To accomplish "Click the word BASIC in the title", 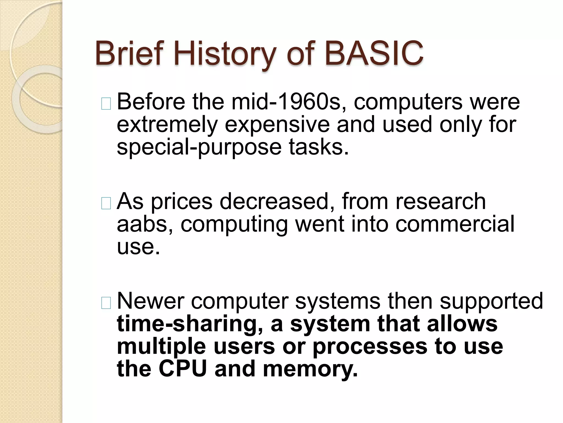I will (x=374, y=53).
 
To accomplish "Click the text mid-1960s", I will (x=288, y=102).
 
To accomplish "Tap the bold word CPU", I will (x=183, y=369).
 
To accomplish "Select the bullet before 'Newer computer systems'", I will (x=106, y=303).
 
